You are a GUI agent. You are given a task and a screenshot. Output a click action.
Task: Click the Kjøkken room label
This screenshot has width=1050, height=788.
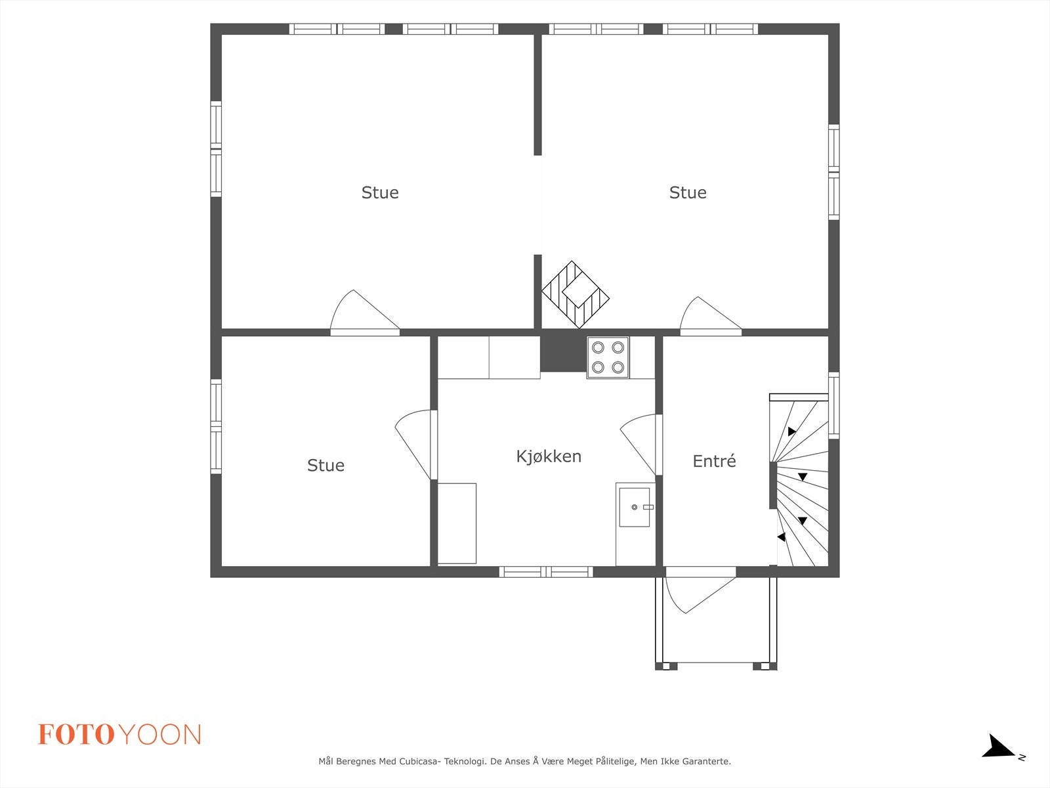(x=549, y=457)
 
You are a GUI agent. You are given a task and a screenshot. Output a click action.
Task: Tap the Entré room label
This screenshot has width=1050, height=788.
(x=714, y=461)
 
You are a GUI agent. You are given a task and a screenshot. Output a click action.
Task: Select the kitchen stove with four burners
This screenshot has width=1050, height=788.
(x=608, y=357)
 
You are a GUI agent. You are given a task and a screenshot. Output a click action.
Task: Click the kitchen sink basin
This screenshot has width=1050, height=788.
(x=635, y=507)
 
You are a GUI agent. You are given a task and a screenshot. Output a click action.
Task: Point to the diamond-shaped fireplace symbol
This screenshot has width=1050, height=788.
(x=576, y=295)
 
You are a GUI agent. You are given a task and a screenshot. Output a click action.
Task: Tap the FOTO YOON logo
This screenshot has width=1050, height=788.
(x=119, y=734)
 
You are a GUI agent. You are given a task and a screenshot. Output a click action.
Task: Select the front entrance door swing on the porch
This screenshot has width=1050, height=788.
(x=700, y=594)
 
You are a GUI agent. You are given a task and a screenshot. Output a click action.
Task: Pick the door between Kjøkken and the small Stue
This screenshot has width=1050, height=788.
(x=414, y=443)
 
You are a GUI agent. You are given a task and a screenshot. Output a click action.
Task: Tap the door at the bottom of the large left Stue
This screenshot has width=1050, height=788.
(x=364, y=312)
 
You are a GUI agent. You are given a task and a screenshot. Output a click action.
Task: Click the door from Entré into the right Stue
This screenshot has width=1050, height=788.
(x=710, y=315)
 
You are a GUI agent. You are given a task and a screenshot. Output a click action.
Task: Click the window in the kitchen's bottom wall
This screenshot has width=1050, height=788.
(x=546, y=572)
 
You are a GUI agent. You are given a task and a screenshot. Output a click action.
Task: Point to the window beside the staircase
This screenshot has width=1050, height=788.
(x=834, y=406)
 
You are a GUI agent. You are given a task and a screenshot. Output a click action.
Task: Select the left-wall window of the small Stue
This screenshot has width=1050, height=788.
(x=216, y=426)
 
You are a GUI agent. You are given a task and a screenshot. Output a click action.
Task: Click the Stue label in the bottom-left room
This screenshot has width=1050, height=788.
(x=325, y=466)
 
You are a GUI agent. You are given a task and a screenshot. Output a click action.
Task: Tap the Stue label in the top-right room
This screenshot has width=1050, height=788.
(x=687, y=193)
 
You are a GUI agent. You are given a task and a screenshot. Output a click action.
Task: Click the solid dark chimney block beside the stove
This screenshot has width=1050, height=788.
(x=564, y=354)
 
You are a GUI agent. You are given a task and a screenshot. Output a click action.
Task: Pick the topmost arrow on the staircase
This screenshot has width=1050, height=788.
(x=791, y=431)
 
